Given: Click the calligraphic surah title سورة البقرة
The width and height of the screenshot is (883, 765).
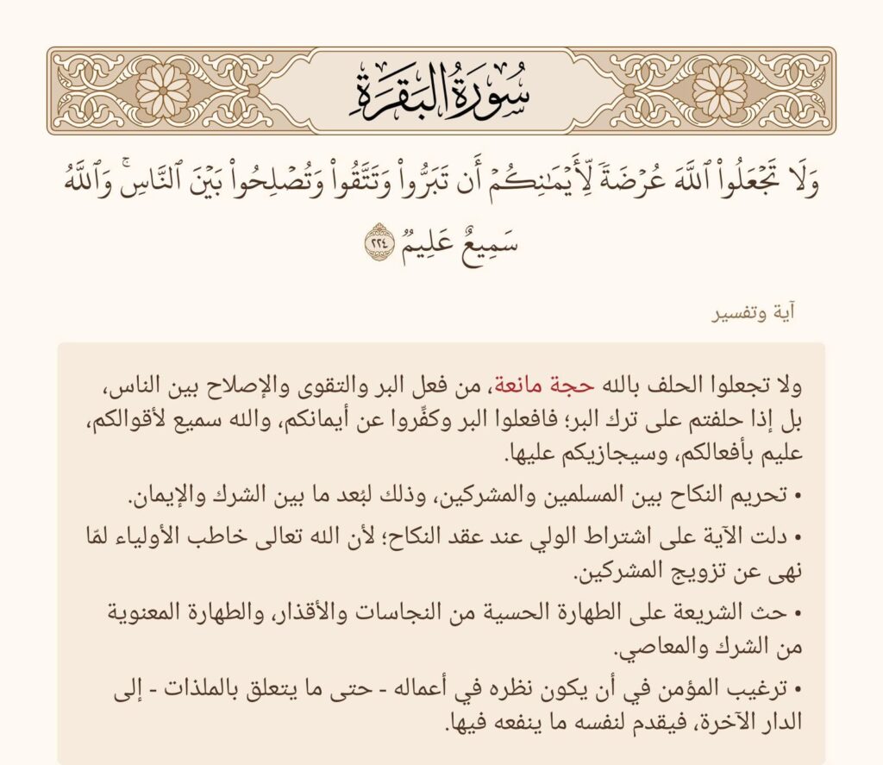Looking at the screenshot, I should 441,91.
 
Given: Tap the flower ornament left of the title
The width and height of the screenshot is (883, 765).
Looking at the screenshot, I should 163,91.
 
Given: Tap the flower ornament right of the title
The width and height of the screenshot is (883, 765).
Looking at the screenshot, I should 719,91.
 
